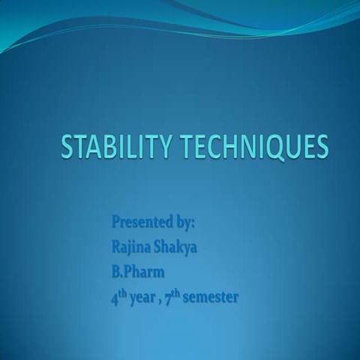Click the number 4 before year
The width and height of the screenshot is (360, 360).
pyautogui.click(x=115, y=298)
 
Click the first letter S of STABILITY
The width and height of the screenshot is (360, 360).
pyautogui.click(x=67, y=147)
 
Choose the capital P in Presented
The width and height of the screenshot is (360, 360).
pyautogui.click(x=116, y=223)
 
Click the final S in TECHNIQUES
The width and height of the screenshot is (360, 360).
pyautogui.click(x=320, y=147)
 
